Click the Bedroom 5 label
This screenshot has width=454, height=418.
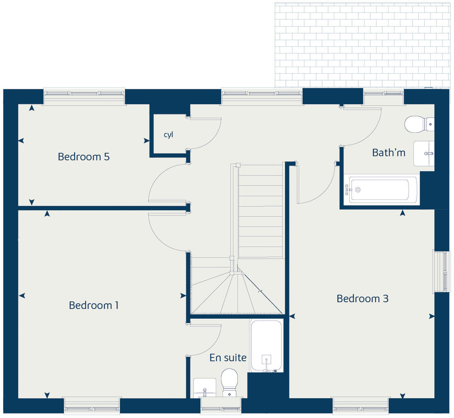tap(84, 157)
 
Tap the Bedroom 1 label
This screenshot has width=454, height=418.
tap(94, 305)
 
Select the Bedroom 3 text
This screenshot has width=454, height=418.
tap(362, 298)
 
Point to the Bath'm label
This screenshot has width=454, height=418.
tap(389, 152)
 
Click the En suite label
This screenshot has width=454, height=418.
tap(228, 358)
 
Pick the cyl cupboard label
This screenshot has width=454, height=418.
tap(168, 135)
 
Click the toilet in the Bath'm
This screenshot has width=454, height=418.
tap(418, 124)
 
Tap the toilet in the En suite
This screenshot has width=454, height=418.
tap(229, 382)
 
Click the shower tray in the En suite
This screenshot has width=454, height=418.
tap(266, 346)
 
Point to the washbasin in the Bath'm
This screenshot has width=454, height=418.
tap(424, 153)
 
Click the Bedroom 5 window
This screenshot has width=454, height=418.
tap(84, 96)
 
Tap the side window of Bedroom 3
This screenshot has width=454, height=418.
tap(442, 271)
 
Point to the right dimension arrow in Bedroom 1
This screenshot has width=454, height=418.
tap(183, 295)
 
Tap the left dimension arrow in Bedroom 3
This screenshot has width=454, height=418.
tap(292, 316)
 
